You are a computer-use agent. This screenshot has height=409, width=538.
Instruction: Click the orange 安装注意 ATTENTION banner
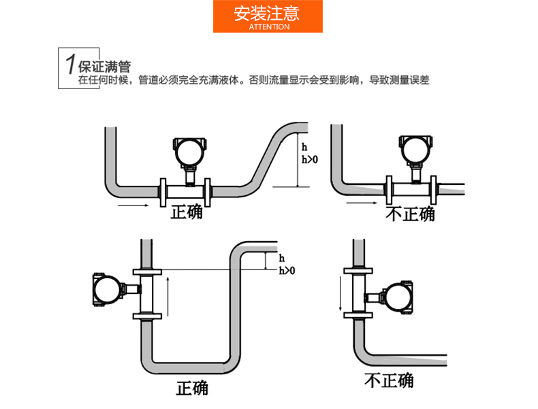268,17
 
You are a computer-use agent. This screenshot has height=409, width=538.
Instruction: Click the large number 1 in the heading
69,65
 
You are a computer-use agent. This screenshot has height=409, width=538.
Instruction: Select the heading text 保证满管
104,67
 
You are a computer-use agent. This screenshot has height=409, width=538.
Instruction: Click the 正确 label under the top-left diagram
187,212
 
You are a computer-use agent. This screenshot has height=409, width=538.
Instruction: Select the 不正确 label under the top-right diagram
411,214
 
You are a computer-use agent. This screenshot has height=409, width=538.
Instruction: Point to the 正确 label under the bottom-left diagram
193,388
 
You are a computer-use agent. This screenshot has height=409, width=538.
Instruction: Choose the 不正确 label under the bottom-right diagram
389,380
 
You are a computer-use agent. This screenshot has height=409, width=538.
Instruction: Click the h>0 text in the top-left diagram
309,160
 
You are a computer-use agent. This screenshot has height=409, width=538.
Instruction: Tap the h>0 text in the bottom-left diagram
287,271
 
